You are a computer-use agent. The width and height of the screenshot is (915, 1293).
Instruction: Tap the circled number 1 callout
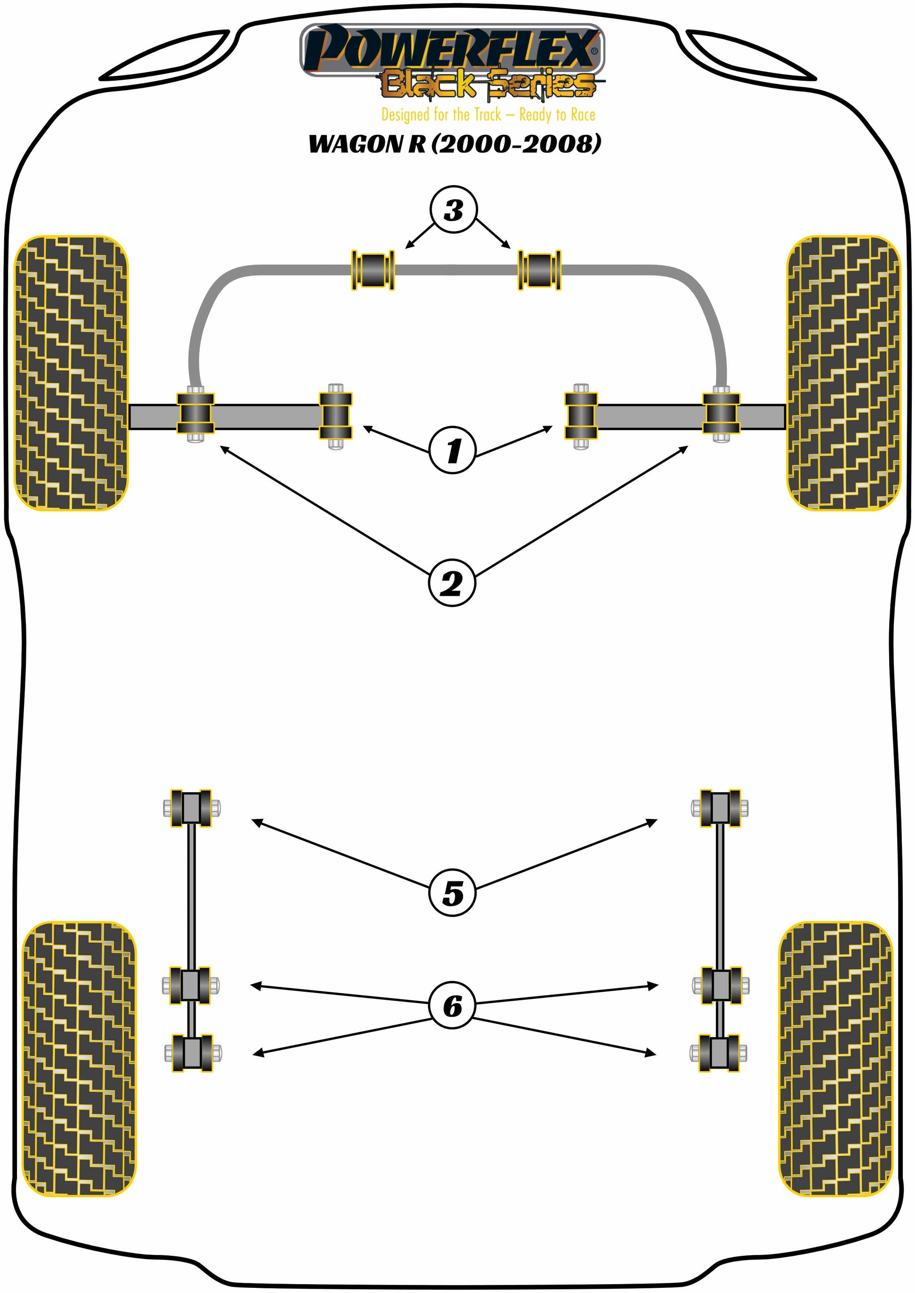point(452,450)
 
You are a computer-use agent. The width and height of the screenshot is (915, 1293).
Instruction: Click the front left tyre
point(71,373)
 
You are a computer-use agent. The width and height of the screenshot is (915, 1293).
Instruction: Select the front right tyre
point(844,373)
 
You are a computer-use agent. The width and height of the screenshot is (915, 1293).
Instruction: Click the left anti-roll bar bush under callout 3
point(373,270)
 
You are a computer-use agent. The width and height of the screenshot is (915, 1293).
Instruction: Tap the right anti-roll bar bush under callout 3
point(539,270)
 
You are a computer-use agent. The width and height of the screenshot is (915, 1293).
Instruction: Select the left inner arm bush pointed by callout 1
point(336,416)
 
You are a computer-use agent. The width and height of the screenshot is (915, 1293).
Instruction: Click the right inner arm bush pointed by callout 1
point(581,416)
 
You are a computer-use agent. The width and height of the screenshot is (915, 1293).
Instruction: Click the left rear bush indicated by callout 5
point(191,808)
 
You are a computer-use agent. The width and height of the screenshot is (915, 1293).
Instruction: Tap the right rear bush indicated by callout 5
point(720,808)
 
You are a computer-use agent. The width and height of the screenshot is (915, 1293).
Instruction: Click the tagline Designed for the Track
point(441,115)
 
